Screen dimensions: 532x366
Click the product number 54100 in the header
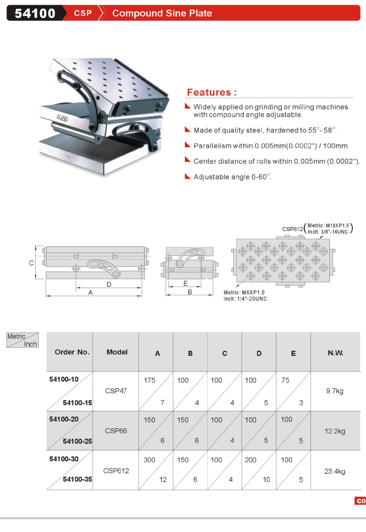click(35, 13)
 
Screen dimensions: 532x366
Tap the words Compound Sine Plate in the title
click(162, 13)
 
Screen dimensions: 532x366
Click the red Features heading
click(212, 92)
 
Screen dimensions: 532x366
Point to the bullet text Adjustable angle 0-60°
click(232, 177)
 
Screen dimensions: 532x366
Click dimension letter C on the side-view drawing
click(31, 263)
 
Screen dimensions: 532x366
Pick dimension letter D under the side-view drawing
click(109, 284)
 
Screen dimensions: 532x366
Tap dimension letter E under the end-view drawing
click(185, 283)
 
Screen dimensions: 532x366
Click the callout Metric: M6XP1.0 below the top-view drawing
click(244, 293)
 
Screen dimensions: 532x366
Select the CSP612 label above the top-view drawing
click(292, 229)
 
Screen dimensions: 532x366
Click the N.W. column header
click(335, 353)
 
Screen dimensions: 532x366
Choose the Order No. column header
click(72, 352)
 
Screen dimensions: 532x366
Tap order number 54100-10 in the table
click(64, 379)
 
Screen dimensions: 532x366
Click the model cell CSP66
click(116, 431)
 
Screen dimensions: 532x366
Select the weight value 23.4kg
click(335, 471)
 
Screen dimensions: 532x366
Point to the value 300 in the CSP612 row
click(150, 460)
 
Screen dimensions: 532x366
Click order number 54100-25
click(78, 441)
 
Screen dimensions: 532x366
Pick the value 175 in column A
click(150, 380)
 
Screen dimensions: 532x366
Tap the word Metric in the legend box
click(16, 337)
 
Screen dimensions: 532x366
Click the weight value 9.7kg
click(335, 391)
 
